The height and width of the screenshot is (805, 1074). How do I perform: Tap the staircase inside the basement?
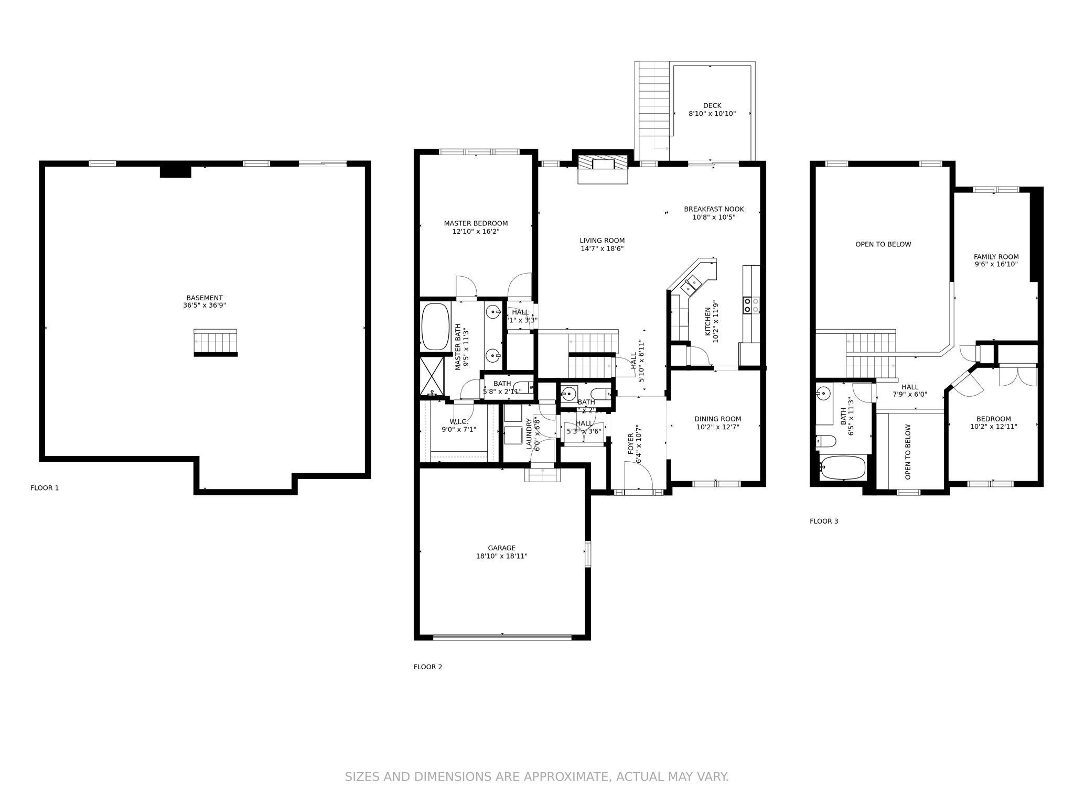click(x=216, y=342)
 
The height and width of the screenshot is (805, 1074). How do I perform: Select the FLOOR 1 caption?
click(x=45, y=488)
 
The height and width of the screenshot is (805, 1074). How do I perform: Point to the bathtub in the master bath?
click(x=435, y=327)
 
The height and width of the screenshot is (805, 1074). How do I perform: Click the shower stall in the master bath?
click(x=432, y=376)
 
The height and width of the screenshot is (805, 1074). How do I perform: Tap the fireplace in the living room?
click(x=603, y=167)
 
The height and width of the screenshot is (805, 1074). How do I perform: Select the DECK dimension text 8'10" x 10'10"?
click(x=712, y=114)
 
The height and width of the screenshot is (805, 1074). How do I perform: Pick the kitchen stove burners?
click(x=751, y=306)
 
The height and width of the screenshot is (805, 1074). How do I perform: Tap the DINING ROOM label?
click(x=717, y=419)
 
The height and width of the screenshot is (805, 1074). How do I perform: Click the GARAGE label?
click(x=501, y=548)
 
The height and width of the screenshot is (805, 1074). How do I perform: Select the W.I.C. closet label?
click(x=458, y=422)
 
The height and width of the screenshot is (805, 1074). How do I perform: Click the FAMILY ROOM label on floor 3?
click(x=996, y=257)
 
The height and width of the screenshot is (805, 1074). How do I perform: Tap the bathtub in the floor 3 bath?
click(x=843, y=467)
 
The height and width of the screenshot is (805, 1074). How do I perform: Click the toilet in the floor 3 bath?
click(x=825, y=441)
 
